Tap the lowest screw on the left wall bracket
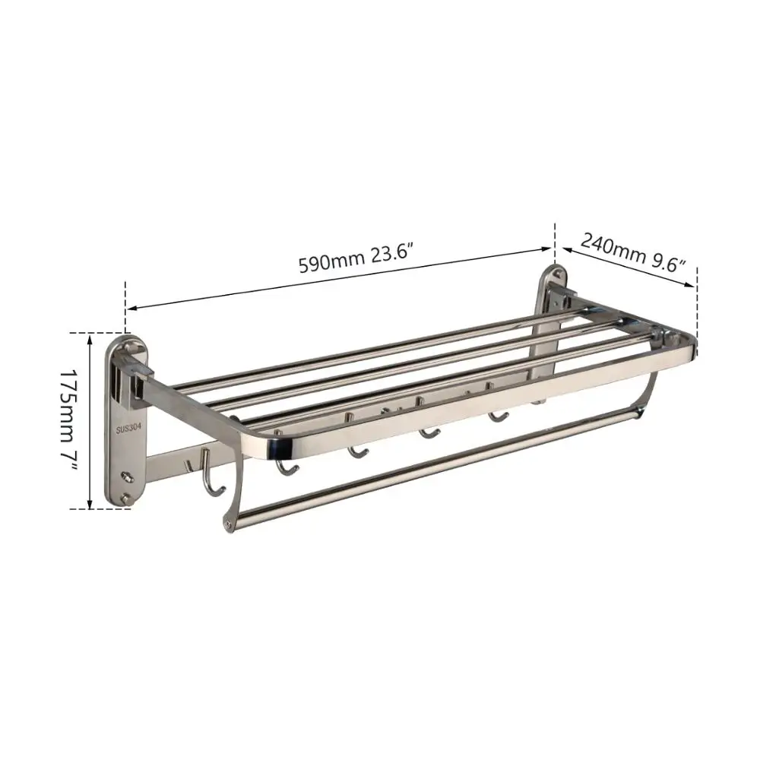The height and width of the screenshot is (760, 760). click(x=127, y=497)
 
